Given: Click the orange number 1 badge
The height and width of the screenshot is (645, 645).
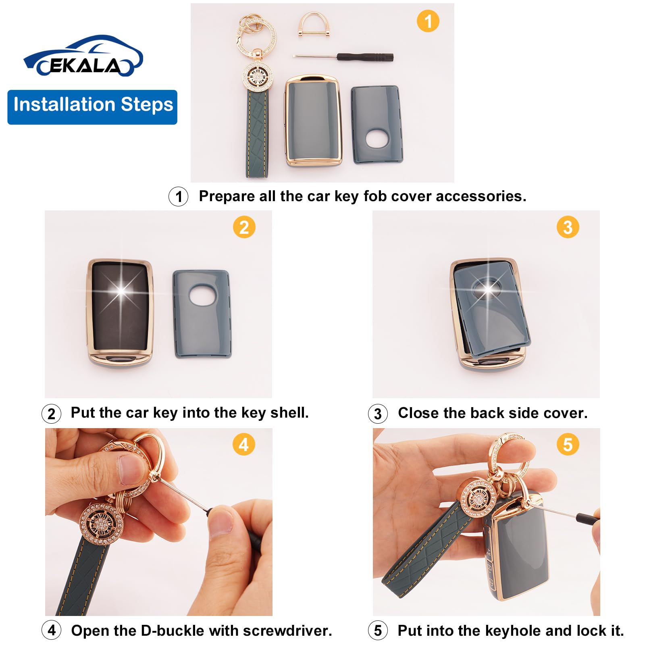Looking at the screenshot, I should coord(428,21).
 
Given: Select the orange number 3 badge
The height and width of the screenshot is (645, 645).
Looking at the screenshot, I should coord(568,227).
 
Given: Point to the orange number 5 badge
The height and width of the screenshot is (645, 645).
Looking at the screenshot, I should coord(568,445).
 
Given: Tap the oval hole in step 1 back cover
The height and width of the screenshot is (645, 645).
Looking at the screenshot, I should coord(377,138).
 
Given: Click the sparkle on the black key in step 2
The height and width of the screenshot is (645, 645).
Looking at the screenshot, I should coord(121,290).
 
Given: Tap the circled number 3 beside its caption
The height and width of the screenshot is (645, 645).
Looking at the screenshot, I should coord(378,414).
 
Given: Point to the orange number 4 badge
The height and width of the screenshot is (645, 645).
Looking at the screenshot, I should coord(243,445).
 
